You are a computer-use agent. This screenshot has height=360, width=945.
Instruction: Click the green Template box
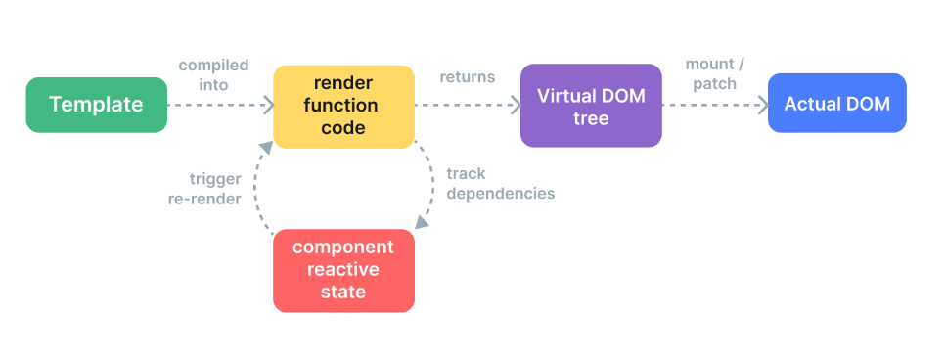point(97,105)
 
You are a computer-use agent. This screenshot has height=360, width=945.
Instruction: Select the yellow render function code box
point(343,107)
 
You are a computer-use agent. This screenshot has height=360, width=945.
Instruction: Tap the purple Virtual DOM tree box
point(591,106)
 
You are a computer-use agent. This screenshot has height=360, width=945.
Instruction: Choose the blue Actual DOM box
point(837,104)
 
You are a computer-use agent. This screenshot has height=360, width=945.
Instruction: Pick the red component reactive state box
point(343,271)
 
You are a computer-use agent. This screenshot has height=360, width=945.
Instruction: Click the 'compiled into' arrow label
point(214,74)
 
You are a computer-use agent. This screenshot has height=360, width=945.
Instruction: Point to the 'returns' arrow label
point(467,77)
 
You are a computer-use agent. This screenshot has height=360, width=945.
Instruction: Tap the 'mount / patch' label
point(714,73)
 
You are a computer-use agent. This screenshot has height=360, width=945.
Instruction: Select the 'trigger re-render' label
point(204,189)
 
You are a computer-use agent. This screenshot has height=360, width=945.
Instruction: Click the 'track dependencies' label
point(500,183)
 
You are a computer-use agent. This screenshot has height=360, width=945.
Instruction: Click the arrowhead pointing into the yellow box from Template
point(269,105)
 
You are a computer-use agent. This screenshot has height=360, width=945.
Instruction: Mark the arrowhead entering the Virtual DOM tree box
point(517,105)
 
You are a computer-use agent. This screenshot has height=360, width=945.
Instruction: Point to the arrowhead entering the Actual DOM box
point(764,105)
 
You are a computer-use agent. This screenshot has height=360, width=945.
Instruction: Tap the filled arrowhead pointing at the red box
point(422,222)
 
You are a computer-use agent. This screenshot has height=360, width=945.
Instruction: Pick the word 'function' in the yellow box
point(340,106)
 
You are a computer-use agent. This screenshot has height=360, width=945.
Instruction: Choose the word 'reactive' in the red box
point(343,269)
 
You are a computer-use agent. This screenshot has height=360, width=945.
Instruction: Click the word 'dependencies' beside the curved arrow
point(500,194)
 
